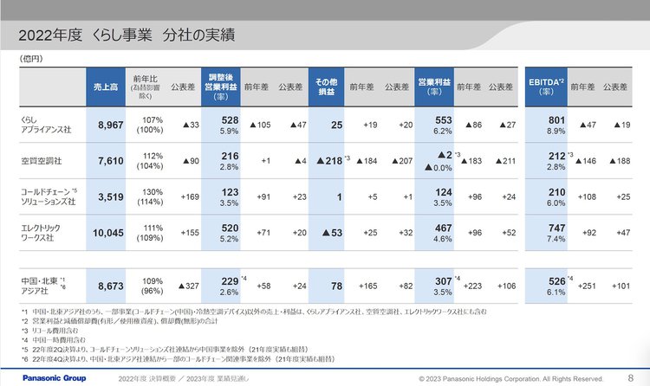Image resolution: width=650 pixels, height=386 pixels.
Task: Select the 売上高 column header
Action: tap(108, 87)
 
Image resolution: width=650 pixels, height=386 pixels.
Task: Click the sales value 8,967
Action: tap(109, 125)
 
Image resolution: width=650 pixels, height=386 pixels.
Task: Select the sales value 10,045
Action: tap(107, 233)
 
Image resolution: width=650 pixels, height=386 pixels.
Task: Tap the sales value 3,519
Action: tap(109, 196)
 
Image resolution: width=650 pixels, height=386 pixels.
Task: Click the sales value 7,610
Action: tap(109, 160)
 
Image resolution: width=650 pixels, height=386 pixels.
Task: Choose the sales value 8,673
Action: tap(109, 284)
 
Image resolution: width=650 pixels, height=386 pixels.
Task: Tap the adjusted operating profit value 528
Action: tap(230, 119)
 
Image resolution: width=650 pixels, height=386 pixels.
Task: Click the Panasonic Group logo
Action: tap(43, 378)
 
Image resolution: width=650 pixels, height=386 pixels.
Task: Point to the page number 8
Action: tap(630, 377)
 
